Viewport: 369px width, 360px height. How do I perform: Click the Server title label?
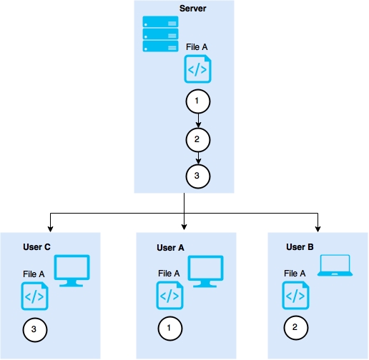pos(192,9)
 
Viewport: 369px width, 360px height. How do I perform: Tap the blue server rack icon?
pos(160,34)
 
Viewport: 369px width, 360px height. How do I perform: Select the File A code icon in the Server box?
pos(197,69)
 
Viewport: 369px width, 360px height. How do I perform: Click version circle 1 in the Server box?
pos(198,101)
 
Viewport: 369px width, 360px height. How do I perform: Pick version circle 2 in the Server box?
pos(198,140)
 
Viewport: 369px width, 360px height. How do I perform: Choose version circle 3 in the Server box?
pos(198,176)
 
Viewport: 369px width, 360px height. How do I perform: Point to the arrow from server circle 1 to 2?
pos(198,121)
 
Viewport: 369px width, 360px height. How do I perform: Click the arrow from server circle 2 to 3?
pos(198,158)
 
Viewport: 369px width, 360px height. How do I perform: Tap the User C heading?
pos(36,247)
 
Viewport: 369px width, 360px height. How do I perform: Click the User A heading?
pos(170,248)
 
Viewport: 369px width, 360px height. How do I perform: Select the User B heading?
pos(300,247)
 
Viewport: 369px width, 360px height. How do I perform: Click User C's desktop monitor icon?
pos(72,271)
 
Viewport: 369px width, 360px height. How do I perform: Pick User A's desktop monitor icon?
pos(205,271)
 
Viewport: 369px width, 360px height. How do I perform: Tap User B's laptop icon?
pos(335,266)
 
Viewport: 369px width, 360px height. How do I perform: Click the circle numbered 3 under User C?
pos(35,330)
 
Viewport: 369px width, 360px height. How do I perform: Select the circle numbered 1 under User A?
pos(170,329)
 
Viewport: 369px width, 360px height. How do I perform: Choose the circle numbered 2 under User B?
pos(296,328)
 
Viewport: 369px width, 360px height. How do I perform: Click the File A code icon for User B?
pos(295,296)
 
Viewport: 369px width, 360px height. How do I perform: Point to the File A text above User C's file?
pos(34,274)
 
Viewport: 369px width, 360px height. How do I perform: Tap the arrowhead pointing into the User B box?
pos(318,229)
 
